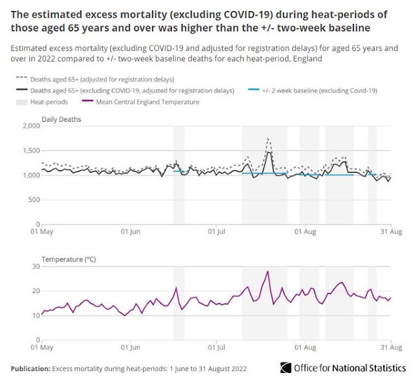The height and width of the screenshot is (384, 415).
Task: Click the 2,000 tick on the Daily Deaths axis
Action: pyautogui.click(x=30, y=126)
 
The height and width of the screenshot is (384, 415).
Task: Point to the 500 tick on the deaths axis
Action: pyautogui.click(x=33, y=199)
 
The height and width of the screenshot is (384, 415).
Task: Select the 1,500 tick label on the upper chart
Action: pyautogui.click(x=30, y=150)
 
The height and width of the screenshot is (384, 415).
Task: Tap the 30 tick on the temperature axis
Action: pyautogui.click(x=35, y=267)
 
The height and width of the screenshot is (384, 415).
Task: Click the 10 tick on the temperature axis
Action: pyautogui.click(x=35, y=315)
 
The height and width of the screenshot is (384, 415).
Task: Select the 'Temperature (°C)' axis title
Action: pyautogui.click(x=69, y=259)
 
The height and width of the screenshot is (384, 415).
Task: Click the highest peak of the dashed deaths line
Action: pyautogui.click(x=268, y=138)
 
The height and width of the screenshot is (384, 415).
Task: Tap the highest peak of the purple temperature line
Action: pyautogui.click(x=268, y=271)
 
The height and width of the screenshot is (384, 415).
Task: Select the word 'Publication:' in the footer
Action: pyautogui.click(x=31, y=369)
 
